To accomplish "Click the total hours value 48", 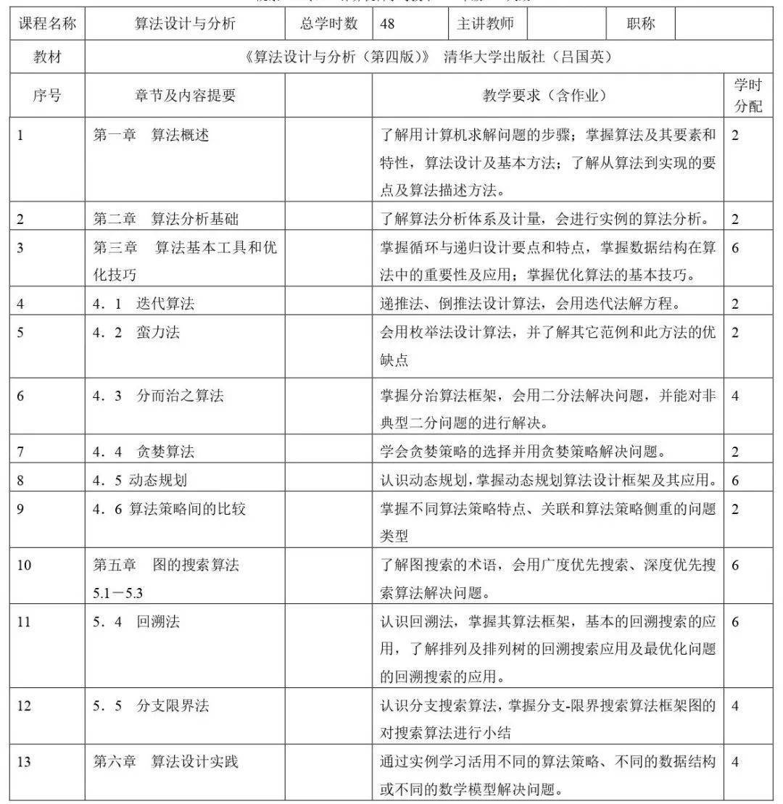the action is pyautogui.click(x=387, y=24).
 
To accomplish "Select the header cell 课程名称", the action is pyautogui.click(x=47, y=24).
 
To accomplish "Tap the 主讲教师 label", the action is pyautogui.click(x=485, y=24).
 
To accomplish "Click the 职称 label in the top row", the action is pyautogui.click(x=640, y=24).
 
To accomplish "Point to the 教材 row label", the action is pyautogui.click(x=47, y=58).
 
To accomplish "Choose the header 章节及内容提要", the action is pyautogui.click(x=185, y=95).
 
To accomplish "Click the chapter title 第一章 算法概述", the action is pyautogui.click(x=151, y=135).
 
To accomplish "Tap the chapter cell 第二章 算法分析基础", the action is pyautogui.click(x=165, y=219).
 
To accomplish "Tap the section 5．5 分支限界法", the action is pyautogui.click(x=151, y=705).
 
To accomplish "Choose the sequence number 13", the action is pyautogui.click(x=24, y=762).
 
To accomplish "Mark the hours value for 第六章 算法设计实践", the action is pyautogui.click(x=735, y=762).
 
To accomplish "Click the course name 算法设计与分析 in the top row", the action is pyautogui.click(x=185, y=24).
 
